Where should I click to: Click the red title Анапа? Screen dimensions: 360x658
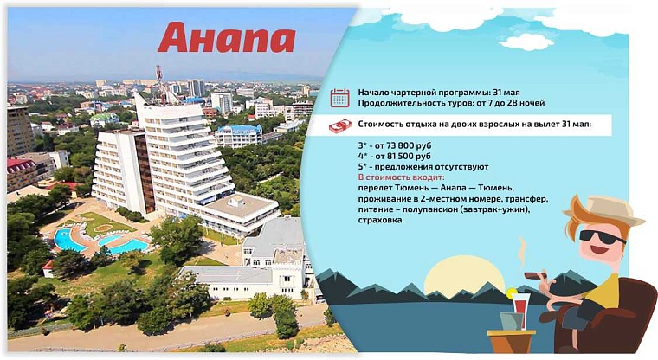click(x=226, y=38)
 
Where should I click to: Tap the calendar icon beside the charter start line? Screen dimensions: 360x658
click(x=339, y=97)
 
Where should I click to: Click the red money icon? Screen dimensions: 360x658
click(x=339, y=125)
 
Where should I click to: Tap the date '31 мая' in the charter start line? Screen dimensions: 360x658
click(x=504, y=92)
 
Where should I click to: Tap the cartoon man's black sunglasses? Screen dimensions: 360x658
click(x=601, y=236)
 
